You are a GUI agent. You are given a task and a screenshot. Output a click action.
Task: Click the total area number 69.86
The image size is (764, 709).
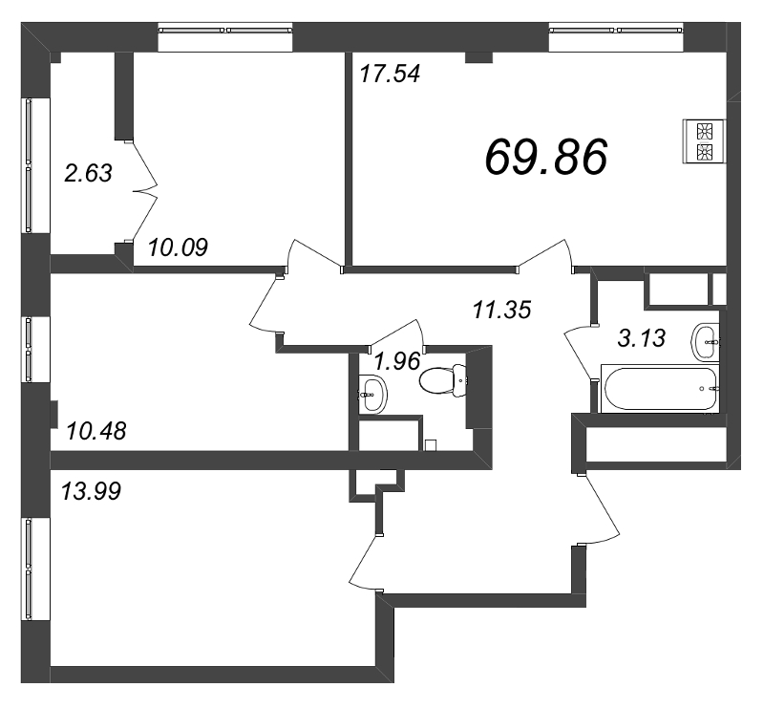[546, 156]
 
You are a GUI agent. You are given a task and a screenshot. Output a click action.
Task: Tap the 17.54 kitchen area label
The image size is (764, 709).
[390, 75]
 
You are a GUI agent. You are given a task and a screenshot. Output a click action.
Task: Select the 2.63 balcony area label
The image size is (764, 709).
[88, 173]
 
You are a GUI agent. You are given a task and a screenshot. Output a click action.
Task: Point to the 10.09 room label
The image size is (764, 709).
[178, 247]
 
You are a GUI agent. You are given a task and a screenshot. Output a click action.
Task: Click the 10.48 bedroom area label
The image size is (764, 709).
[96, 431]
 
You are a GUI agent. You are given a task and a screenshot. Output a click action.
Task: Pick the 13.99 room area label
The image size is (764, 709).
[91, 491]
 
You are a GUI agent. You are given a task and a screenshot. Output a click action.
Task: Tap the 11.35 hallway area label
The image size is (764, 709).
[502, 310]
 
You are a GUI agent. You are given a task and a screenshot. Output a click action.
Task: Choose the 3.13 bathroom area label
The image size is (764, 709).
[641, 338]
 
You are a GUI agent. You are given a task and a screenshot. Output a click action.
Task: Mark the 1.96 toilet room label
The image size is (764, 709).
[396, 361]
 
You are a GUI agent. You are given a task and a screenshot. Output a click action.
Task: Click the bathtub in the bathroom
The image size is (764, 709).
[660, 388]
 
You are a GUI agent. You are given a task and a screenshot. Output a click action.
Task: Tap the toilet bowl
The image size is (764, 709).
[443, 380]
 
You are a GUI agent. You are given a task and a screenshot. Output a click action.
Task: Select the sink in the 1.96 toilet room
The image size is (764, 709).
[373, 395]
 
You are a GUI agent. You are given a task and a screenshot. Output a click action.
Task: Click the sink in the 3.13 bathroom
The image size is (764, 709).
[705, 342]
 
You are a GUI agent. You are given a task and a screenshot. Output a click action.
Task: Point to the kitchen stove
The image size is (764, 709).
[705, 141]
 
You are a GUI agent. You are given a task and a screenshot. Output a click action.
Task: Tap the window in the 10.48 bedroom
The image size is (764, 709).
[29, 350]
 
